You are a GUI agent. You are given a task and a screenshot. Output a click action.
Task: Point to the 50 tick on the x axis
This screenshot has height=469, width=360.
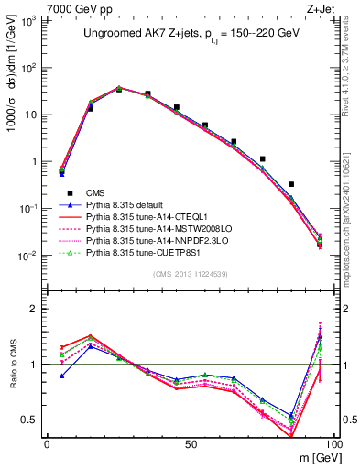pyautogui.click(x=190, y=443)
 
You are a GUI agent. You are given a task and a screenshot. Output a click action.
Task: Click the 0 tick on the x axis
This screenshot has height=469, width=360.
pyautogui.click(x=47, y=443)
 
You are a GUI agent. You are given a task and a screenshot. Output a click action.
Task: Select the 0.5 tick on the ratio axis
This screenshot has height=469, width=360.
pyautogui.click(x=31, y=420)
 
